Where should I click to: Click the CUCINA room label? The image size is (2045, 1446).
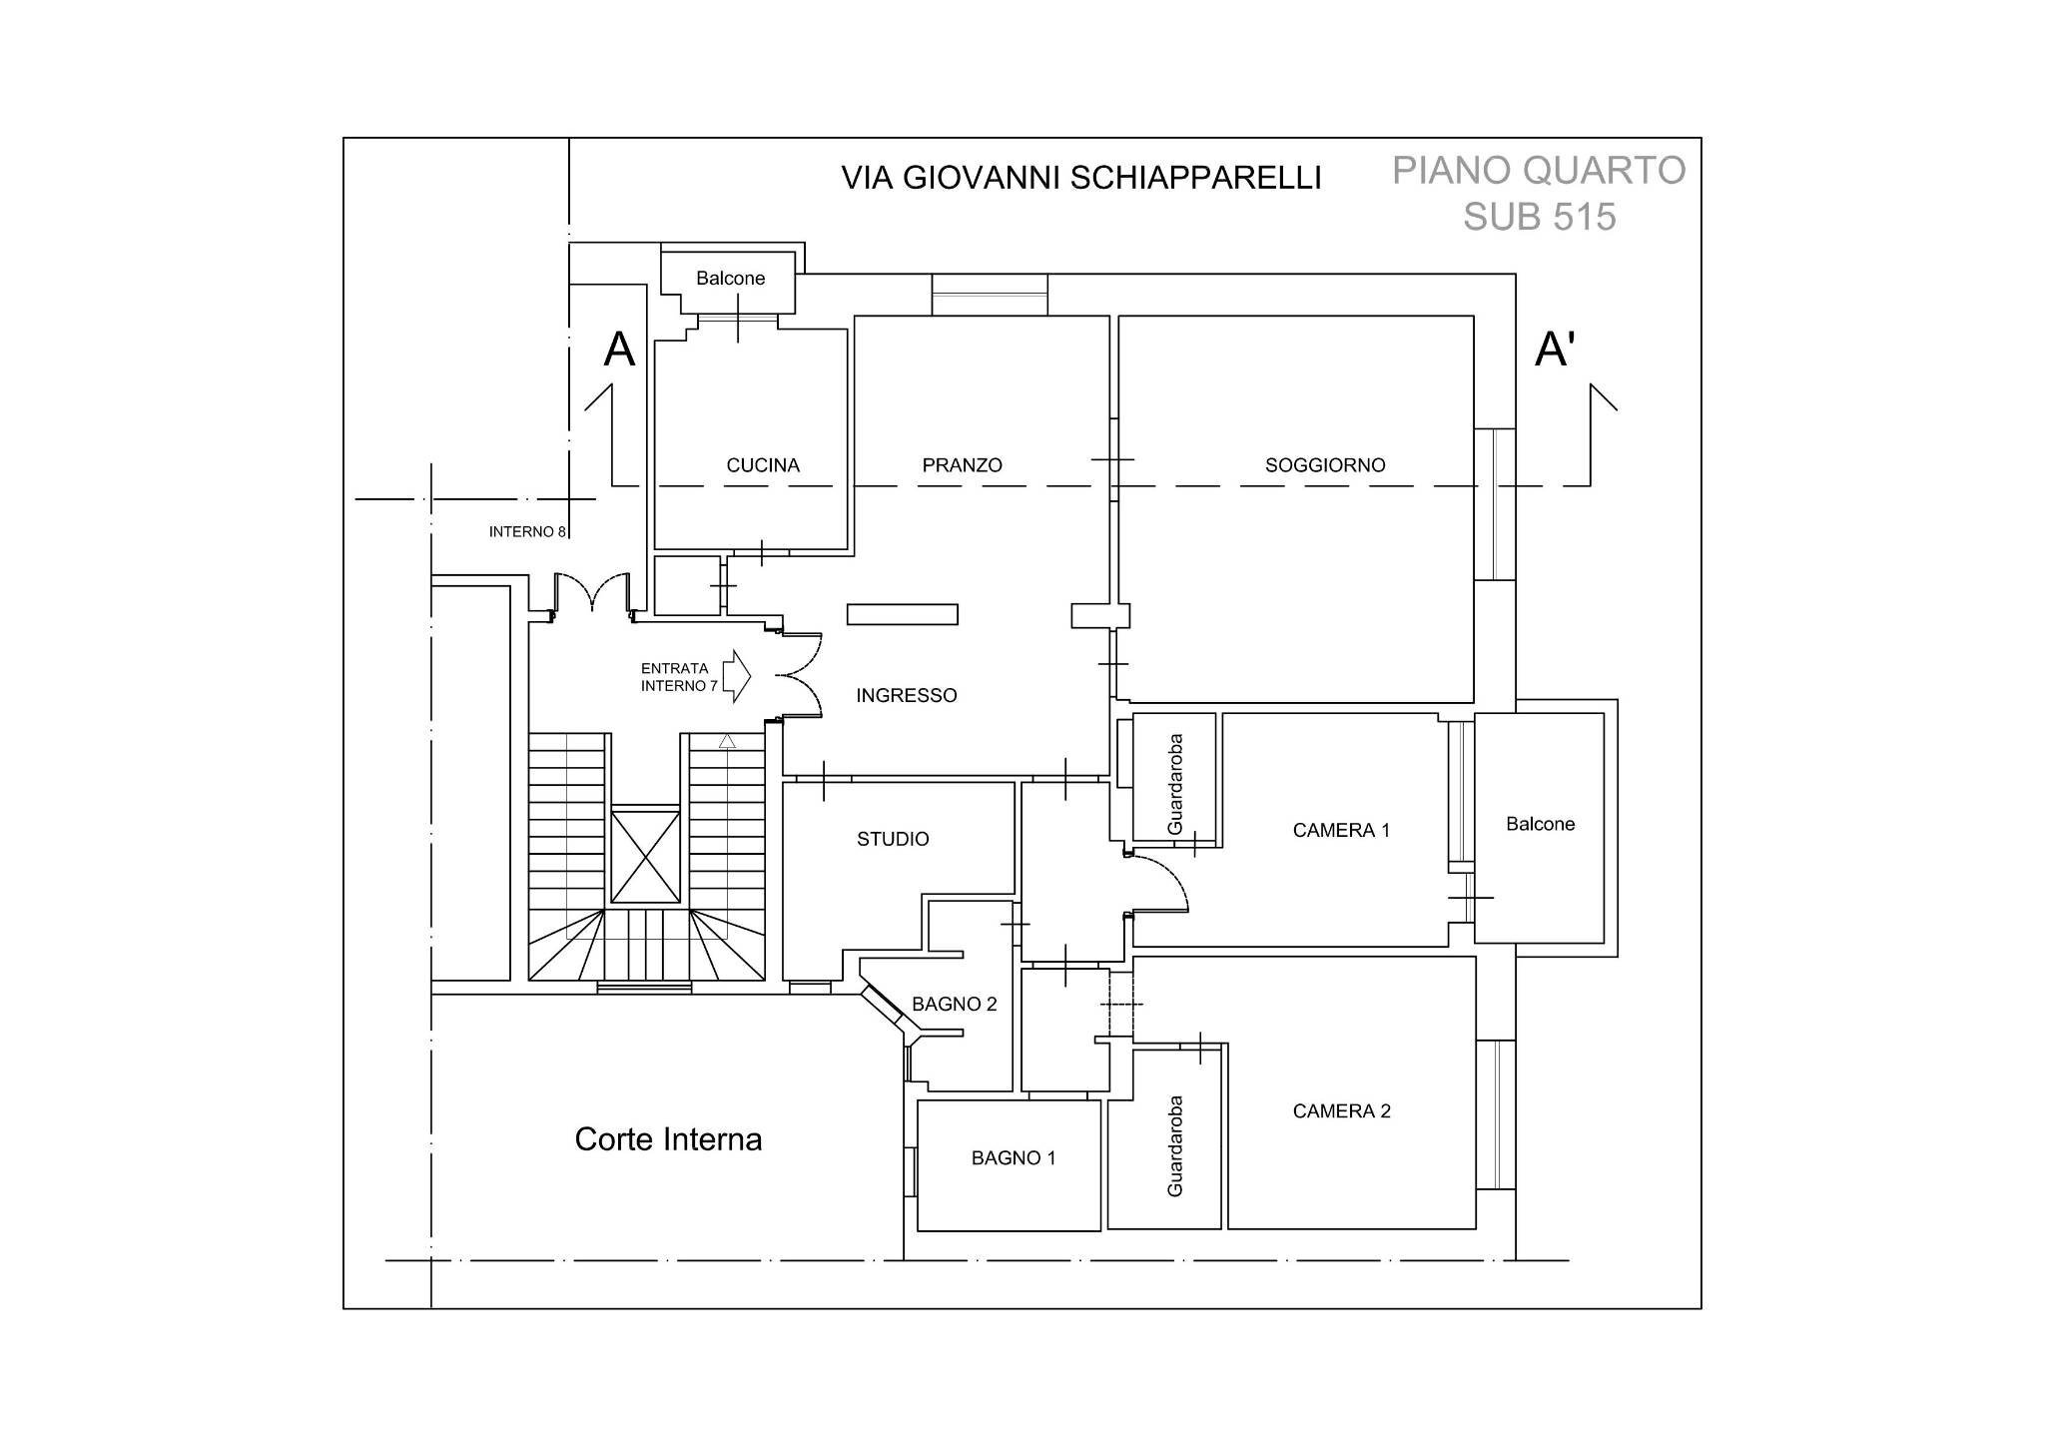point(763,465)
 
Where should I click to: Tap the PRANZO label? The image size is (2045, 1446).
point(962,465)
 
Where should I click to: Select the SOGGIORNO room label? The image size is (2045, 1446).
point(1325,465)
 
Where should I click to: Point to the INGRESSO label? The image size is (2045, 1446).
point(906,696)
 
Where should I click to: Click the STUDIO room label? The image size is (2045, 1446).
point(893,840)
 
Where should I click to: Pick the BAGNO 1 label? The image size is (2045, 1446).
point(1014,1158)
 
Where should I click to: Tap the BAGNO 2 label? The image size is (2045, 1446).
point(955,1005)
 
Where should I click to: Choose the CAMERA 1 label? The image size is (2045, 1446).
point(1341,831)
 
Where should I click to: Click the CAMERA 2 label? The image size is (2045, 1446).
point(1341,1111)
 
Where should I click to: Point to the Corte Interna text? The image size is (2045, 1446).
point(668,1140)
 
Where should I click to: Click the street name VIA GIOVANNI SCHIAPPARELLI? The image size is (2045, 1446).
point(1081,178)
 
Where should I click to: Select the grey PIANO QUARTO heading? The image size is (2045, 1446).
point(1539,171)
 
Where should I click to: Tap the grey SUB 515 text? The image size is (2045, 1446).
point(1539,217)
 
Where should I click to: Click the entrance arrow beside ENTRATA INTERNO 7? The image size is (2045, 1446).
point(737,677)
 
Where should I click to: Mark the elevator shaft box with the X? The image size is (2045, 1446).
point(645,856)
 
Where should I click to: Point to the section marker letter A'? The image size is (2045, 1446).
point(1555,351)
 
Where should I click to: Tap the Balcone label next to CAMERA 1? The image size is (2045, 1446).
point(1540,825)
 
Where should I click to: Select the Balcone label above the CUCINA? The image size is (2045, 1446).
point(730,279)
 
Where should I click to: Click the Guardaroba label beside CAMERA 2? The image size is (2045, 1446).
point(1175,1146)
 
